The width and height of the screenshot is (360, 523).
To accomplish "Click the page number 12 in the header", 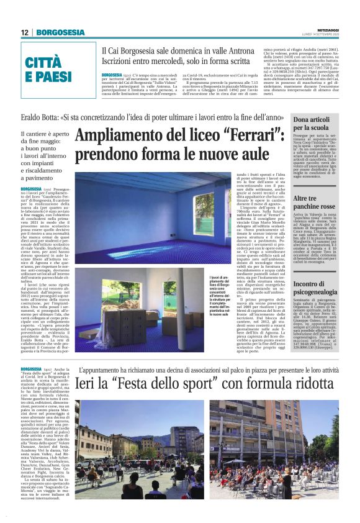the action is click(25, 32).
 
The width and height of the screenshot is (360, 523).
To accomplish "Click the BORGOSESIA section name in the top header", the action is click(60, 32).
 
